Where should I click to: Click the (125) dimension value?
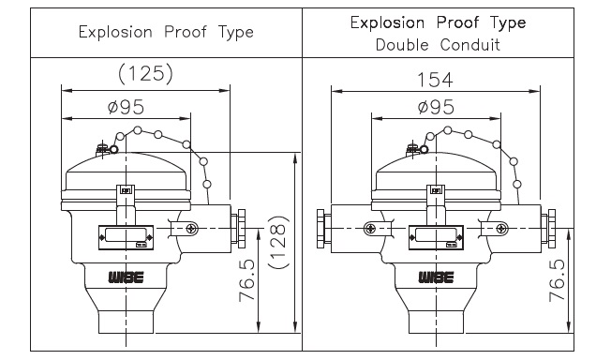(145, 73)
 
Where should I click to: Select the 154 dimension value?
(435, 80)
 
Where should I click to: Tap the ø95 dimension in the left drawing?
(127, 107)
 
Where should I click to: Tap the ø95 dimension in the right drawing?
(436, 107)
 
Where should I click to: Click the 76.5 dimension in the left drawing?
(247, 281)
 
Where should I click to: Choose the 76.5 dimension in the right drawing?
(557, 280)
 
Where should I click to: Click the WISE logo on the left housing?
(127, 277)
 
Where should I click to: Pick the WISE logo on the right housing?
(437, 277)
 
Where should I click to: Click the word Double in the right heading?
(402, 45)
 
